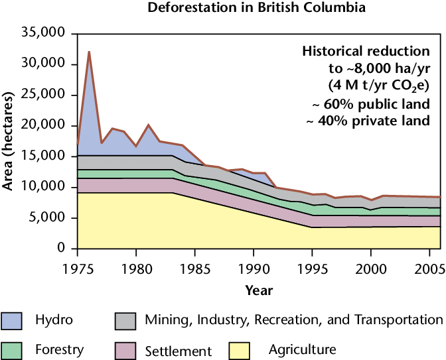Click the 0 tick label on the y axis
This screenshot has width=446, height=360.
pos(60,248)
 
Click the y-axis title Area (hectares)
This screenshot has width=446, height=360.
pos(9,141)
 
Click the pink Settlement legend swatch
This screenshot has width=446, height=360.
pos(129,350)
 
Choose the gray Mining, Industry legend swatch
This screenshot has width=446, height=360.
pos(129,321)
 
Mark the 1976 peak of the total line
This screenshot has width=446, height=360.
pos(89,52)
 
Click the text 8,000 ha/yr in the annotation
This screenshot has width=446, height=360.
pos(392,68)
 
